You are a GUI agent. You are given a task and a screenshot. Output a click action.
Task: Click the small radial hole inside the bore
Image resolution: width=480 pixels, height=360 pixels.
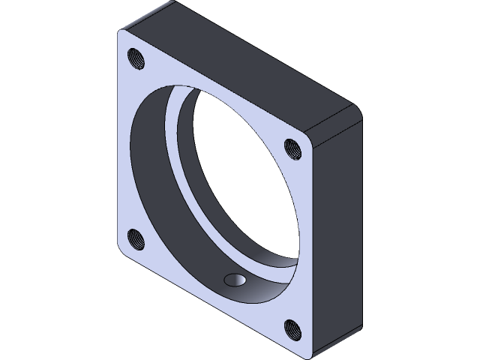(235, 280)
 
